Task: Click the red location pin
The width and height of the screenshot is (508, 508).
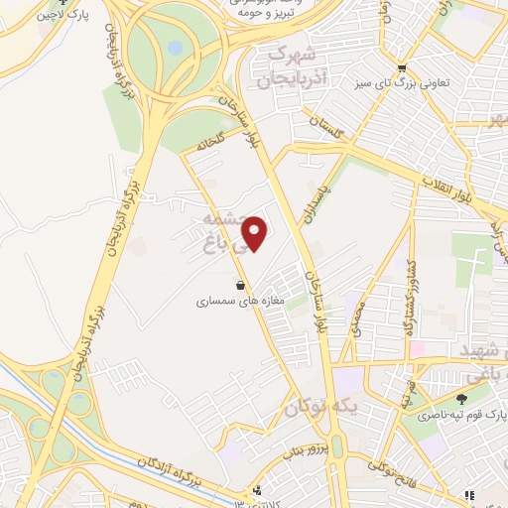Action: [x=255, y=232]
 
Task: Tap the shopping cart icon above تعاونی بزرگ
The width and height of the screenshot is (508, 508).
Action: [x=401, y=67]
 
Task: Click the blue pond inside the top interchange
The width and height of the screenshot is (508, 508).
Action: [x=175, y=47]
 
